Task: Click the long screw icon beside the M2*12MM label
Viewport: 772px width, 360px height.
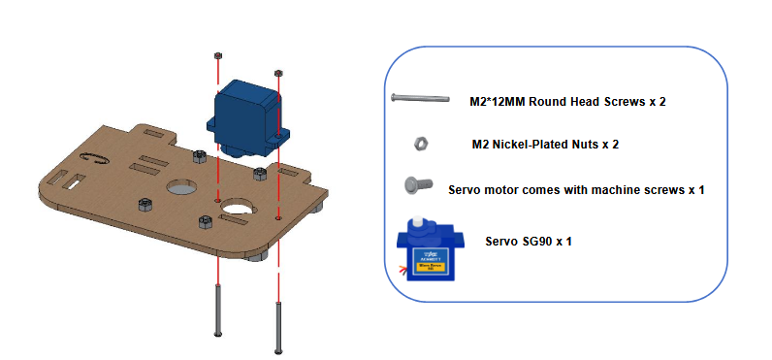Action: tap(420, 98)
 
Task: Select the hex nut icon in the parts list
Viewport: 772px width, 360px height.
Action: tap(421, 144)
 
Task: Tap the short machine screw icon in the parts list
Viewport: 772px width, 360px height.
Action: tap(418, 184)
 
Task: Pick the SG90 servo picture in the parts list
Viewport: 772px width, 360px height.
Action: tap(431, 248)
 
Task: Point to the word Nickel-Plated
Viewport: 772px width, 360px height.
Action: tap(528, 145)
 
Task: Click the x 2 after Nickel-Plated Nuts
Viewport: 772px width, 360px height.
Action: tap(610, 145)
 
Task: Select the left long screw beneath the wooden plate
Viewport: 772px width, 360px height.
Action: tap(218, 311)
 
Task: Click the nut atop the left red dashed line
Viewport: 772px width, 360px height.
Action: tap(217, 55)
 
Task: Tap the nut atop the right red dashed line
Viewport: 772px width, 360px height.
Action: tap(278, 74)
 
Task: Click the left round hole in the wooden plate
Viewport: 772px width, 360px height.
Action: tap(181, 187)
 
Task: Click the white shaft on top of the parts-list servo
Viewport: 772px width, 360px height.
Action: tap(417, 221)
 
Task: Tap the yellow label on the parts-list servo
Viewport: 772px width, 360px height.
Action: tap(431, 267)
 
